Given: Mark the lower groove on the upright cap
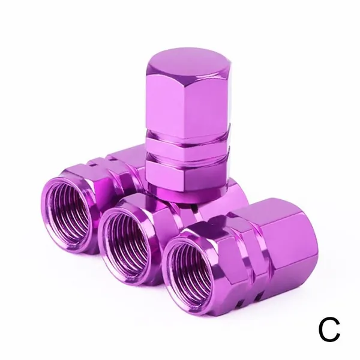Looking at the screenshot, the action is (x=188, y=157).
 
